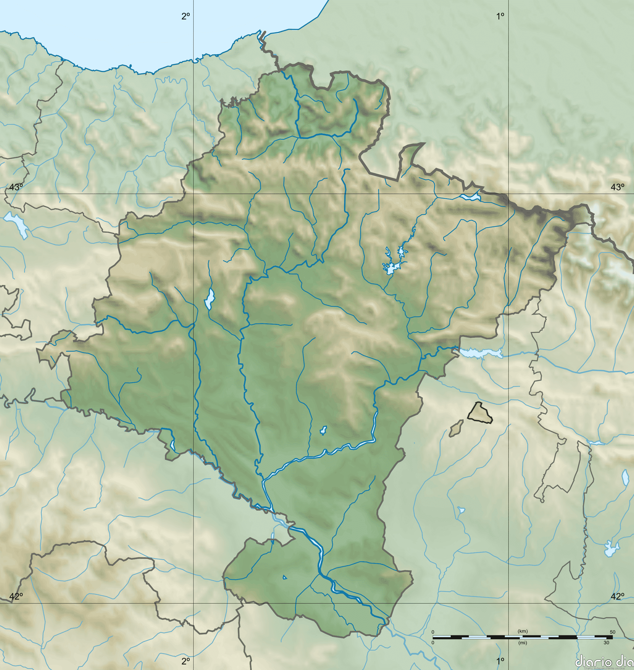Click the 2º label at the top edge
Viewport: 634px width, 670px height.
tap(185, 16)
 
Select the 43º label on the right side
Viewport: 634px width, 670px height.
tap(617, 187)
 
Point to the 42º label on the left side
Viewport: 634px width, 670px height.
tap(16, 597)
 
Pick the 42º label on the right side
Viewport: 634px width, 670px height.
tap(617, 597)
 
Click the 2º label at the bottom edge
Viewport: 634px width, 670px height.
tap(185, 661)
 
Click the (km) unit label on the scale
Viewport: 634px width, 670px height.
tap(522, 631)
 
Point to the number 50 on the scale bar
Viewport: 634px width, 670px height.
tap(612, 632)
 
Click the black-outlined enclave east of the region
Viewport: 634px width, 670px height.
tap(480, 412)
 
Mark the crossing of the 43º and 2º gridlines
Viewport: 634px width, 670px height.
tap(193, 194)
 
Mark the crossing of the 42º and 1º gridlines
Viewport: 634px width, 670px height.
tap(509, 603)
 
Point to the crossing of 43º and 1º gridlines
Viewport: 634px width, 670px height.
tap(509, 194)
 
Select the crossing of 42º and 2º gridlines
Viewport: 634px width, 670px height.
tap(193, 603)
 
